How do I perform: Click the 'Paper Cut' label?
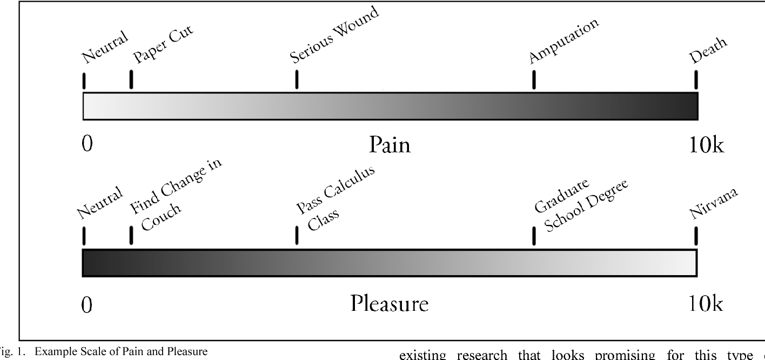[x=163, y=44]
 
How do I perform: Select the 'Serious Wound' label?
[x=334, y=35]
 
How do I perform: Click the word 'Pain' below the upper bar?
[x=390, y=145]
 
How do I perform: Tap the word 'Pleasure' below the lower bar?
[x=390, y=303]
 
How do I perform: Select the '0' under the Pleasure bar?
[x=87, y=305]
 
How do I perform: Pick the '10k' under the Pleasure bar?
[x=706, y=304]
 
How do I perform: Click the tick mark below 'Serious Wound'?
[x=297, y=79]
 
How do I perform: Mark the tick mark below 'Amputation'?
[x=534, y=79]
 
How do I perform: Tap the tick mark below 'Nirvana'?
[x=695, y=236]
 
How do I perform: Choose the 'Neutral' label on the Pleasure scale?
[x=100, y=202]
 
